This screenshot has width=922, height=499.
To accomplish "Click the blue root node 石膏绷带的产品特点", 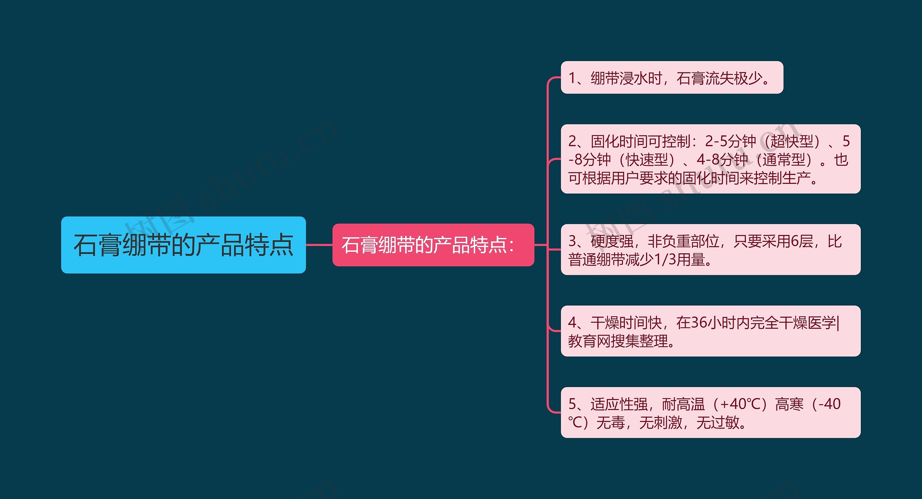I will click(183, 245).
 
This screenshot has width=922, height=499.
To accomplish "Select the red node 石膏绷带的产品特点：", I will click(433, 245).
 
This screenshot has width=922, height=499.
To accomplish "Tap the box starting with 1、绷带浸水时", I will click(672, 78).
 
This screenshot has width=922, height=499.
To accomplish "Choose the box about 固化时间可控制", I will click(710, 159).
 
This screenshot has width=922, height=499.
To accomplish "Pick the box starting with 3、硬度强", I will click(710, 250).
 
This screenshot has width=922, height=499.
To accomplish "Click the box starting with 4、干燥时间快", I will click(710, 331).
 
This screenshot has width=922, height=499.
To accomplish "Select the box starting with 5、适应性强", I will click(710, 412).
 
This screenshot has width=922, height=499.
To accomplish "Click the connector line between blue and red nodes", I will click(319, 245).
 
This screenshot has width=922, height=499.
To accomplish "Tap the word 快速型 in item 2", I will click(647, 160).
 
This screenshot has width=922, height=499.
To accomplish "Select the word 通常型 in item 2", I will click(784, 160).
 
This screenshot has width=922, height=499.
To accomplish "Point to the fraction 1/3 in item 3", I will click(665, 259).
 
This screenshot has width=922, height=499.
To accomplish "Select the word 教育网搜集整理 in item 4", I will click(618, 341).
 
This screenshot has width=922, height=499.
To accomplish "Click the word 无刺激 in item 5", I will click(661, 422).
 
